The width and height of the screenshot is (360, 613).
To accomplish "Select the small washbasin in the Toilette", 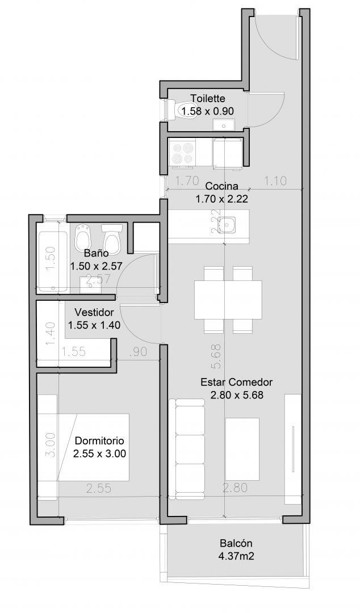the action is [224, 125].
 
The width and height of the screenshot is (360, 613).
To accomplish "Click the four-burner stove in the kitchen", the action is [182, 153].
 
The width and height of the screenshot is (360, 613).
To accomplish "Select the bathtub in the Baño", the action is [53, 261].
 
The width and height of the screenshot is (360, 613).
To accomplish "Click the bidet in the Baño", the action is [83, 237].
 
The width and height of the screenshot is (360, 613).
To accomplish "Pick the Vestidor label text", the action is [94, 312].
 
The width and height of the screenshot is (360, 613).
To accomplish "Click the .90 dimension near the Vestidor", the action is [137, 352].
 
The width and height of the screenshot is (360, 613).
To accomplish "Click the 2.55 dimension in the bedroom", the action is [99, 488].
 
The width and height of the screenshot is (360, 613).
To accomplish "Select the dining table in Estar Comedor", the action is [228, 300].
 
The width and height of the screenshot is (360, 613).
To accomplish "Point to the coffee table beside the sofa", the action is [242, 449].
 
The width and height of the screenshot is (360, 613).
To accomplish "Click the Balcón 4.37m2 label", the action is [236, 549].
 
